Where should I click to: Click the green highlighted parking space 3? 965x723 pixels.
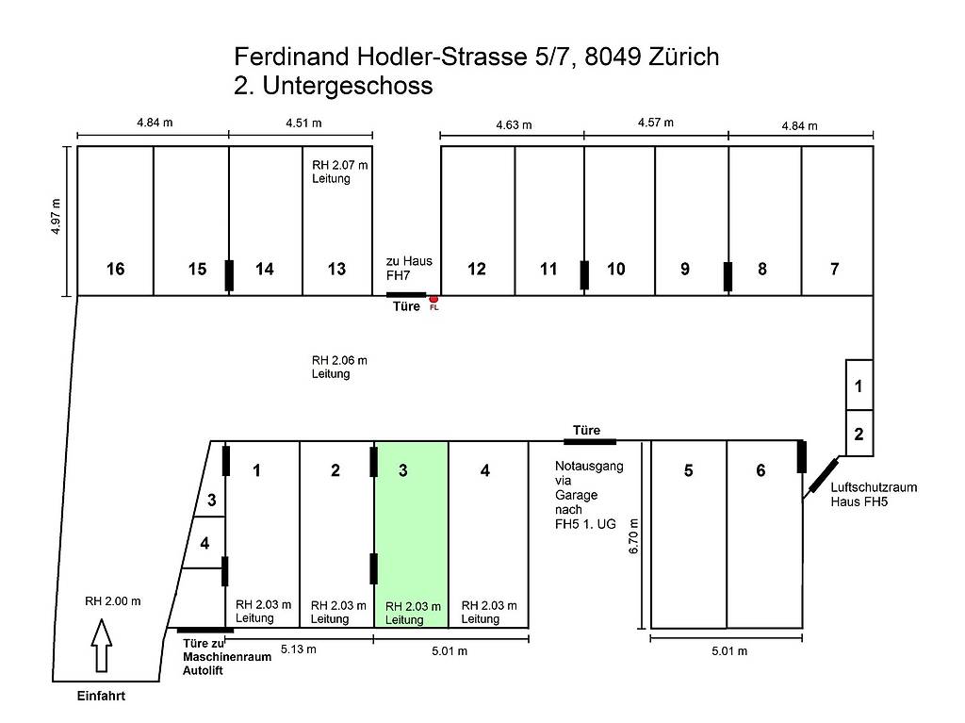[x=411, y=534]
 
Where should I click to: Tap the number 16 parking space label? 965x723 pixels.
[x=115, y=270]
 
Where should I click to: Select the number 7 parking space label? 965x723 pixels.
[x=835, y=270]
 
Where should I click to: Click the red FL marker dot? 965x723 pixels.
[x=433, y=300]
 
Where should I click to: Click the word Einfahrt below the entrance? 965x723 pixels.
[x=101, y=696]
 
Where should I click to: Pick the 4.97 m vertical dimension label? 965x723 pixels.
[x=56, y=216]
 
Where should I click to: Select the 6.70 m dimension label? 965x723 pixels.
[x=634, y=536]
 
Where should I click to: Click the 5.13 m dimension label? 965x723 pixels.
[x=299, y=649]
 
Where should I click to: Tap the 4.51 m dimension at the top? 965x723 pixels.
[x=303, y=123]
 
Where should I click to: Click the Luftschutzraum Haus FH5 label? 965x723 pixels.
[x=874, y=495]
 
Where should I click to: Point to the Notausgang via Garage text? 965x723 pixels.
[x=589, y=495]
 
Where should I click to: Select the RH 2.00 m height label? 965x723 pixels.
[x=113, y=601]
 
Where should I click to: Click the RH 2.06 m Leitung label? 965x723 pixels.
[x=339, y=367]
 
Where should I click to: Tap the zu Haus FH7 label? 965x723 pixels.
[x=409, y=268]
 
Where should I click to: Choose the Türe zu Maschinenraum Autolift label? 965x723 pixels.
[x=227, y=657]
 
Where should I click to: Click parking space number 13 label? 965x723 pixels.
[x=336, y=270]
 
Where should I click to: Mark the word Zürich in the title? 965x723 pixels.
[x=684, y=57]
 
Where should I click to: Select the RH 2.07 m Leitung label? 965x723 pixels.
[x=339, y=172]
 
